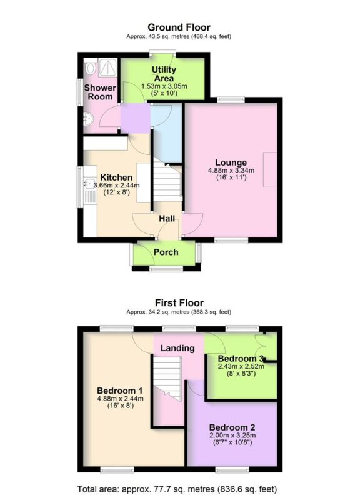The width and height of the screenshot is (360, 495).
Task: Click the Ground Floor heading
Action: tap(179, 27)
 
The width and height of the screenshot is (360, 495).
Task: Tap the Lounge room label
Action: tap(228, 162)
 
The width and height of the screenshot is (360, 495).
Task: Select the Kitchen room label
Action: tap(116, 177)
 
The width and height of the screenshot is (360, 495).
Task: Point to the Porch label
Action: tap(166, 252)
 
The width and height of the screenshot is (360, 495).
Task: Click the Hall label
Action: tap(166, 219)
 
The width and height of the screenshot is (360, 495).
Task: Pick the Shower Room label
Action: tap(99, 92)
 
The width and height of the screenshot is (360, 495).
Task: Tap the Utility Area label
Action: tap(164, 73)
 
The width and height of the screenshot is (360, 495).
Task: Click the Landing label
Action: tap(178, 348)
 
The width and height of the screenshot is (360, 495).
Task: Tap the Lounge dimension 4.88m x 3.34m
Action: tap(228, 171)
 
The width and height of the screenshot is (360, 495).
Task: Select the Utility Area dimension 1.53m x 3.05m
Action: tap(164, 86)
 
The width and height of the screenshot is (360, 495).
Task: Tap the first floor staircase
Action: tap(168, 378)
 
